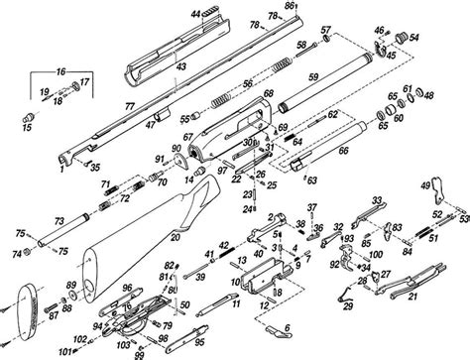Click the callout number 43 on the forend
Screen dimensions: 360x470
pyautogui.click(x=181, y=65)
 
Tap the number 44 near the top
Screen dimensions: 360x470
pyautogui.click(x=197, y=12)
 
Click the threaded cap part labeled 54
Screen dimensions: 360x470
pyautogui.click(x=402, y=39)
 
